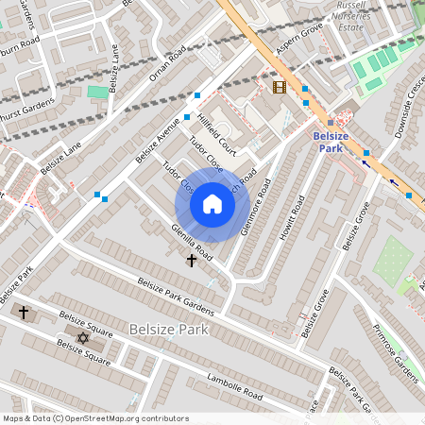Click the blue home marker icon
tap(212, 204)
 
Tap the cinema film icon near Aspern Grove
tap(279, 88)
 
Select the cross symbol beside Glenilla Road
tap(192, 260)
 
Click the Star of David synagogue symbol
tap(81, 337)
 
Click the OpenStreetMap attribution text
tap(82, 417)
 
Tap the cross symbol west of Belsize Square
tap(24, 312)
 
